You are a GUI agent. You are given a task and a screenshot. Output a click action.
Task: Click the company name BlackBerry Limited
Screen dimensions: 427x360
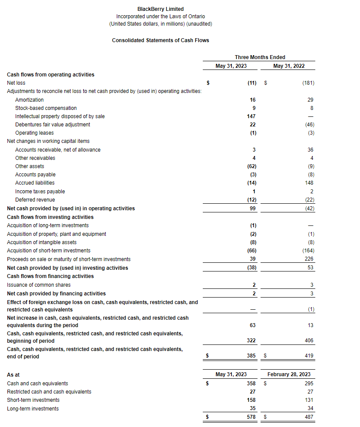click(x=160, y=9)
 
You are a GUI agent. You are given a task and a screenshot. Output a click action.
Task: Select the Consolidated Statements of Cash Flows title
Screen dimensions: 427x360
click(x=160, y=40)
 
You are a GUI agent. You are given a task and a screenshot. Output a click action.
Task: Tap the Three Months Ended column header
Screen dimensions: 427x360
click(x=260, y=57)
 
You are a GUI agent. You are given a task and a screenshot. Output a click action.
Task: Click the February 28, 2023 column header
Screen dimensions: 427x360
click(x=289, y=374)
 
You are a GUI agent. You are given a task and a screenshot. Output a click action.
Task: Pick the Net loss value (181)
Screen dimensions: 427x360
click(x=308, y=83)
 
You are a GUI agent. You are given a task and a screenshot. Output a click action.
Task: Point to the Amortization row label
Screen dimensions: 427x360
click(x=30, y=100)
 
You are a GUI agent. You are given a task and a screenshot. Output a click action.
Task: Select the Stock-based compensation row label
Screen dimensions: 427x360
click(x=46, y=108)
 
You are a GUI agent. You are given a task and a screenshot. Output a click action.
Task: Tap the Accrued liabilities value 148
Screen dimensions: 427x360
click(x=309, y=183)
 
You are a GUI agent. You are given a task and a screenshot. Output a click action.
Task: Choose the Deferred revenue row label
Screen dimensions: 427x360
click(x=35, y=200)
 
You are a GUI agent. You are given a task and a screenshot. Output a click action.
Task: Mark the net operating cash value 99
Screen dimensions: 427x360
click(x=253, y=209)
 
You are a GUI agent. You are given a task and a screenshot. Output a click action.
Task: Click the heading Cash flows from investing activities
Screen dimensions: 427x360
click(x=50, y=217)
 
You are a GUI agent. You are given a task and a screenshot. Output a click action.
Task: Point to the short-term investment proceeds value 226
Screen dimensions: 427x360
click(x=309, y=259)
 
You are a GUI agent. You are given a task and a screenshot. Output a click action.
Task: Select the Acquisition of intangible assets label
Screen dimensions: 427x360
click(x=42, y=242)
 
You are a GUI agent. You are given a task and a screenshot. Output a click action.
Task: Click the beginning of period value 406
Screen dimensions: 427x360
click(x=309, y=341)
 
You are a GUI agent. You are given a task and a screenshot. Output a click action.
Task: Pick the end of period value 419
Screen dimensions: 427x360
click(x=309, y=356)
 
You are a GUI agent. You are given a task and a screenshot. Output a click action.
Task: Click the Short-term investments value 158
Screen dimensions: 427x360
click(x=251, y=400)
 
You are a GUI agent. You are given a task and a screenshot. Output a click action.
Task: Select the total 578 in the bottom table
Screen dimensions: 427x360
click(x=251, y=417)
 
